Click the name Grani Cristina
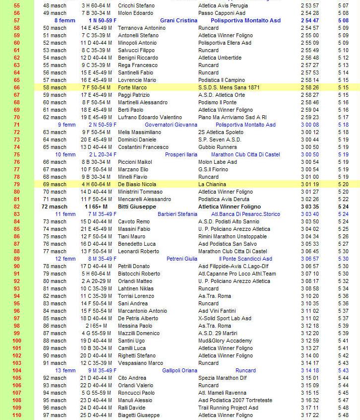(x=179, y=20)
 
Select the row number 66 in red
(x=17, y=87)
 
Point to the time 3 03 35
(x=309, y=207)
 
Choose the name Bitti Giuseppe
(x=137, y=207)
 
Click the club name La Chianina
(x=211, y=184)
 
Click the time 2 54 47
(x=309, y=20)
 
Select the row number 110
(x=17, y=415)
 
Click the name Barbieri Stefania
(x=177, y=214)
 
